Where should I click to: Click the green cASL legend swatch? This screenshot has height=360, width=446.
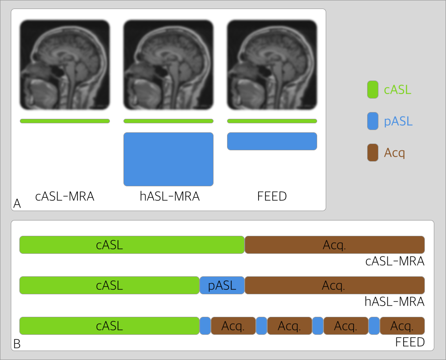pyautogui.click(x=373, y=89)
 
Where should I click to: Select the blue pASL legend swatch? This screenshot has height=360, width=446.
pyautogui.click(x=373, y=121)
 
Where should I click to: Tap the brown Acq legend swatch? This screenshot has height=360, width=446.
pyautogui.click(x=373, y=153)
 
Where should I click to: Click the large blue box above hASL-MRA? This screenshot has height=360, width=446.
pyautogui.click(x=168, y=159)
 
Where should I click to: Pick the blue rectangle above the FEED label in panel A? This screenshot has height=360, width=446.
pyautogui.click(x=272, y=141)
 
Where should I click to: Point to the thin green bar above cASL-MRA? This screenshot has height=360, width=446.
pyautogui.click(x=65, y=121)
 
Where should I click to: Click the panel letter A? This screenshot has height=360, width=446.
pyautogui.click(x=17, y=204)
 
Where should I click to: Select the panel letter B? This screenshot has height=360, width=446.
pyautogui.click(x=17, y=344)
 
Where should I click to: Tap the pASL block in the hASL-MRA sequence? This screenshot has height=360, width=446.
pyautogui.click(x=222, y=285)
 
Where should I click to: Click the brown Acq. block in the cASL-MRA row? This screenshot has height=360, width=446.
pyautogui.click(x=334, y=245)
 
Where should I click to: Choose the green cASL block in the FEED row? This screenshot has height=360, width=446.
pyautogui.click(x=109, y=326)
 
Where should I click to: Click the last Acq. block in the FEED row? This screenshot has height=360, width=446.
pyautogui.click(x=402, y=326)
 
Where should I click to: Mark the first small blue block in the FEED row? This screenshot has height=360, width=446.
pyautogui.click(x=205, y=326)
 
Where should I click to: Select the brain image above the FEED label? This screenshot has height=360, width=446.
pyautogui.click(x=272, y=65)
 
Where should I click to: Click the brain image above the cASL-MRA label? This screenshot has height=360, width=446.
pyautogui.click(x=65, y=65)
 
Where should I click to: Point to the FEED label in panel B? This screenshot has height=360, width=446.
pyautogui.click(x=410, y=342)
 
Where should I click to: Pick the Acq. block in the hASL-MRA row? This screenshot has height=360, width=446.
pyautogui.click(x=334, y=285)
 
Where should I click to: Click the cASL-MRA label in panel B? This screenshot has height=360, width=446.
pyautogui.click(x=395, y=261)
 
